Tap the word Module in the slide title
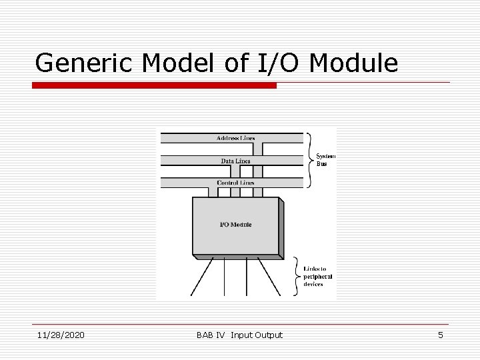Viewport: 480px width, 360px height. tap(354, 63)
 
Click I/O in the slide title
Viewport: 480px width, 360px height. tap(273, 63)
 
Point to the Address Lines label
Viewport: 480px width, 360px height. tap(235, 139)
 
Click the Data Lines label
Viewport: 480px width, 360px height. tap(235, 161)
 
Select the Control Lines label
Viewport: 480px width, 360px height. tap(235, 183)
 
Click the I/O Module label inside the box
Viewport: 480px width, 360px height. tap(236, 225)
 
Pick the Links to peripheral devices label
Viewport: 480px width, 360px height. tap(317, 276)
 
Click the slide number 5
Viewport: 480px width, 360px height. tap(440, 335)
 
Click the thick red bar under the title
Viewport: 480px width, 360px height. tap(154, 85)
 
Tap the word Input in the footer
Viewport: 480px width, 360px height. tap(241, 335)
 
